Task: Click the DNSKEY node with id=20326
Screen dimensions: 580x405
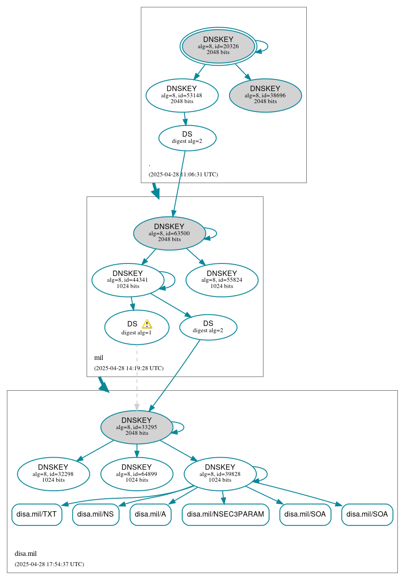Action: coord(218,46)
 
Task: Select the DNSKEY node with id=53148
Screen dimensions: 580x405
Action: coord(182,95)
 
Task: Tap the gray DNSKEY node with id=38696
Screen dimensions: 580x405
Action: coord(265,95)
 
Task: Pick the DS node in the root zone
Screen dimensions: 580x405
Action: coord(187,138)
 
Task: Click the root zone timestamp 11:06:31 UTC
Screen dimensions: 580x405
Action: coord(183,174)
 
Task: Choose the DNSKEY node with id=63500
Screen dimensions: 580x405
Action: coord(169,233)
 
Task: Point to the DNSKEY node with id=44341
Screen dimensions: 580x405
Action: coord(128,280)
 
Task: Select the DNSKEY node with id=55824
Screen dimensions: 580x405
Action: coord(222,280)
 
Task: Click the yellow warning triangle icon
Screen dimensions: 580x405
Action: coord(147,324)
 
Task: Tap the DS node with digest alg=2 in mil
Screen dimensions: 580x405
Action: coord(208,327)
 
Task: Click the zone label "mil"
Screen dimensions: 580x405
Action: coord(99,358)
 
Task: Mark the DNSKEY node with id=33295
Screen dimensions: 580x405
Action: coord(137,427)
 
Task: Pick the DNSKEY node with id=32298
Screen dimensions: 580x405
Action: coord(54,474)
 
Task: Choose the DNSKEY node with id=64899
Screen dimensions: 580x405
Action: coord(137,474)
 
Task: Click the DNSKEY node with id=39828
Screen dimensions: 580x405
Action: coord(220,474)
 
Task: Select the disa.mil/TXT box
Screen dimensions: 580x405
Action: coord(37,514)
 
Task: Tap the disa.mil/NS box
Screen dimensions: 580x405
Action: coord(96,514)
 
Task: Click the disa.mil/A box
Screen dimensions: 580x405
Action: coord(150,514)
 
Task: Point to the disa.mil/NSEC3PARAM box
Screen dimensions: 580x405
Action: coord(225,514)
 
